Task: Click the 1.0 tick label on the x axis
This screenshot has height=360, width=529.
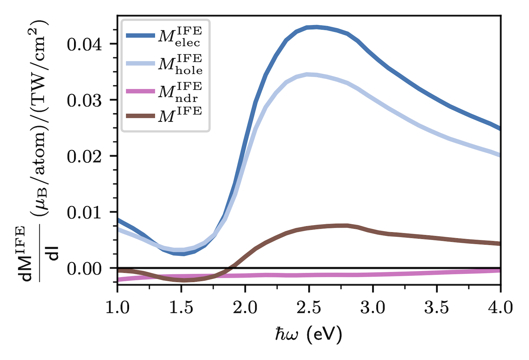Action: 117,308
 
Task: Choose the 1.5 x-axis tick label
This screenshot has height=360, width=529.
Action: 181,308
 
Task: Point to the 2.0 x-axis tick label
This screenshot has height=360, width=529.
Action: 245,308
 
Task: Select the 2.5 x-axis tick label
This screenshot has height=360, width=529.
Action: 309,308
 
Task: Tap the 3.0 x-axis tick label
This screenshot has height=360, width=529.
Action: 373,308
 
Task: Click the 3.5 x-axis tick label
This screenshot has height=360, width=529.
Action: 437,308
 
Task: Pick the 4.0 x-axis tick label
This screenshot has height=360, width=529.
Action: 500,308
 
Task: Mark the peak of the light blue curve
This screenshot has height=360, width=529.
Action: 308,74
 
